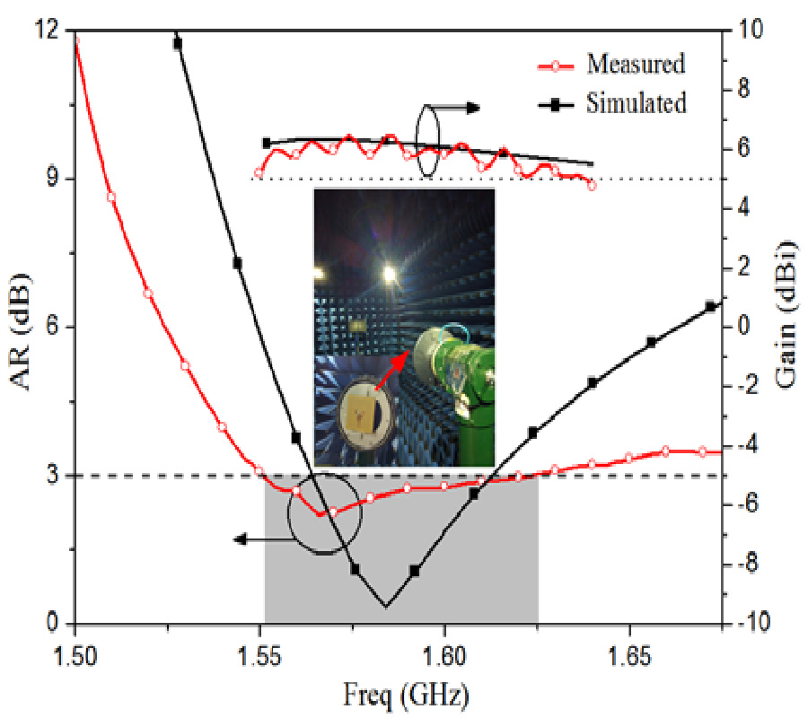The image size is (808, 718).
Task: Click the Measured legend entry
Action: point(636,65)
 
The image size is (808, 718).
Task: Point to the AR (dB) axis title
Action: point(25,327)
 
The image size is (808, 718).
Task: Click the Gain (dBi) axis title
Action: point(786,327)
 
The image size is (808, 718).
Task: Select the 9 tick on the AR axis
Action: point(54,179)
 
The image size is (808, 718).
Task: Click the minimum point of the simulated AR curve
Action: point(386,607)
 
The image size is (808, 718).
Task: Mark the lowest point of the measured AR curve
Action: point(320,514)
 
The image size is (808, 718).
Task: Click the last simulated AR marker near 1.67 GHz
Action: point(710,306)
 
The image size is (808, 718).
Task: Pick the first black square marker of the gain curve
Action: point(267,143)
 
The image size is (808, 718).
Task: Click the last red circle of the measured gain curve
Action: point(592,186)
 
